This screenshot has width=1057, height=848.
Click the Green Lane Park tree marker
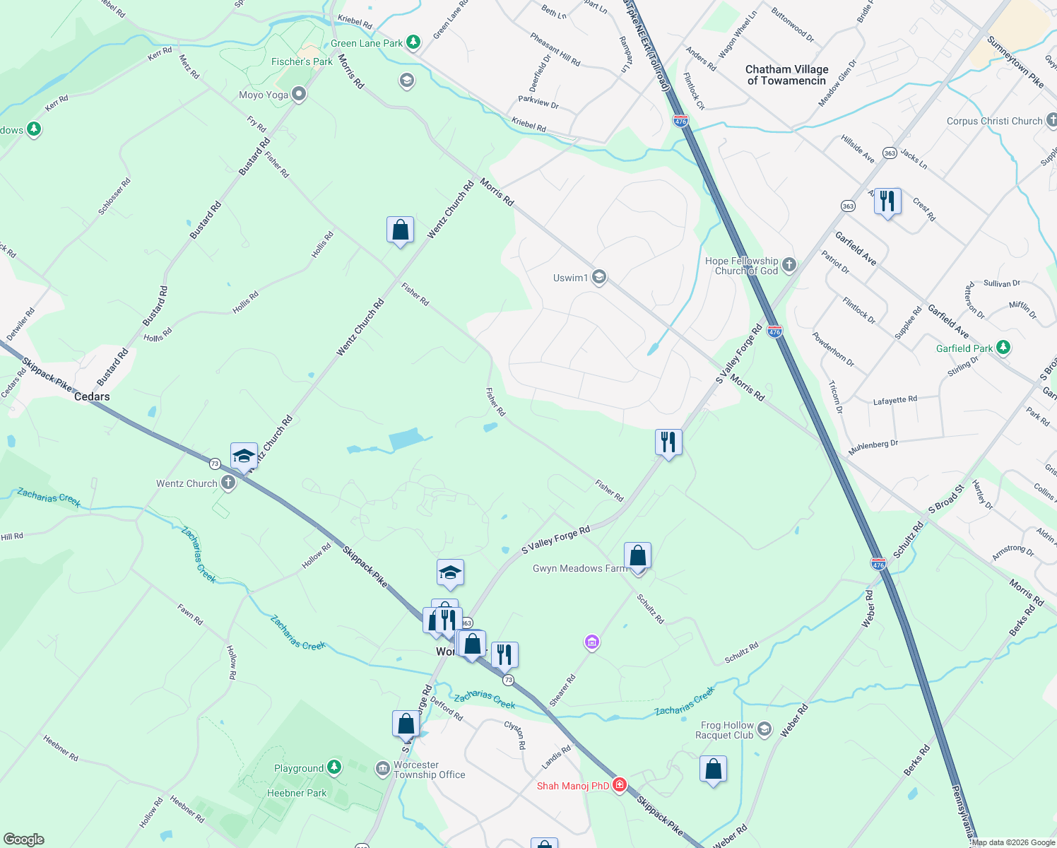click(413, 42)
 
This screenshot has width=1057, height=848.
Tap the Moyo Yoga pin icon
click(299, 94)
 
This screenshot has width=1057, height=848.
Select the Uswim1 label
click(570, 278)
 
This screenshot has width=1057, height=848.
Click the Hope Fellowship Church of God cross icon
click(789, 265)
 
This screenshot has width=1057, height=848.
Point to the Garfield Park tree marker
click(1003, 348)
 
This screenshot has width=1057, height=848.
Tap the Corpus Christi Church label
click(994, 121)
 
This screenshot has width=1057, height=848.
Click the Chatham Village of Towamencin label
click(786, 75)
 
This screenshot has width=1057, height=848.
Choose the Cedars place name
click(92, 396)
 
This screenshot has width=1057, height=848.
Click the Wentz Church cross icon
click(228, 483)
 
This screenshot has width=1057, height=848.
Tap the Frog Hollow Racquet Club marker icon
click(764, 729)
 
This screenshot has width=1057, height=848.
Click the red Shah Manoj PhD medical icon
click(620, 784)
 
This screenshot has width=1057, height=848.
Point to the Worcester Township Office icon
click(382, 768)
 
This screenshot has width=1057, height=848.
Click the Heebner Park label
click(297, 793)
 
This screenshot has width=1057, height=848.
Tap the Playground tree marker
click(334, 767)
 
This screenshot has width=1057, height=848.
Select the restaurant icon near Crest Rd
click(887, 201)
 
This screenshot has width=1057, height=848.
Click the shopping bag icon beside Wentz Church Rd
click(400, 230)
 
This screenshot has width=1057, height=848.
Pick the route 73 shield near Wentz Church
click(215, 464)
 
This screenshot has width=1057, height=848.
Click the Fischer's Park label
click(302, 61)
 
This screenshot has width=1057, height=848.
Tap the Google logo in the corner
click(24, 840)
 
